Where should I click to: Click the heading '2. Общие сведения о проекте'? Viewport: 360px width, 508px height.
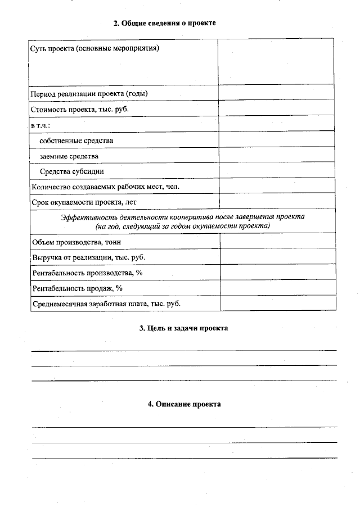point(164,23)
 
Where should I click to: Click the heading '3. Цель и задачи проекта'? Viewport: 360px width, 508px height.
point(183,328)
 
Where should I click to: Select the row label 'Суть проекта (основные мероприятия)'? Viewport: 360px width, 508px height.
point(94,48)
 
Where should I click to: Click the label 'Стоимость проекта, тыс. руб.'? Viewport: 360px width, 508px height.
point(80,109)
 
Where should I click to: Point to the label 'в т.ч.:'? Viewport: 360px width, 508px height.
point(41,125)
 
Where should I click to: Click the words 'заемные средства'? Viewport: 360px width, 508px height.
point(69,156)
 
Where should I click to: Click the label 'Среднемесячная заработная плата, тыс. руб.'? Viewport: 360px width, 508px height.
point(106,303)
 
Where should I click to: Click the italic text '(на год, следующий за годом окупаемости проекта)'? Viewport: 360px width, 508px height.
point(182,226)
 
